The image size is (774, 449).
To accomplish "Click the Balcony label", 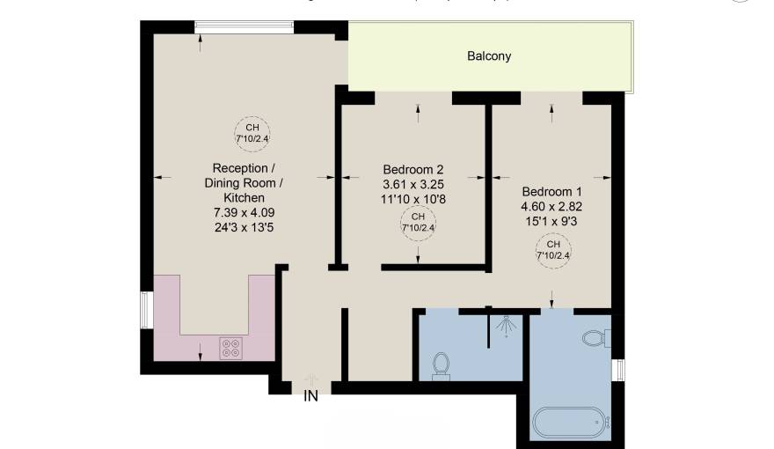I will (488, 56).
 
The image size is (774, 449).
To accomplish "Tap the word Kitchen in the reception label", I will (244, 198).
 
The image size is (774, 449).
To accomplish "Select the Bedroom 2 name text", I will (413, 169).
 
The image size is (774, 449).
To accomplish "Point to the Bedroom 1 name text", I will (551, 191).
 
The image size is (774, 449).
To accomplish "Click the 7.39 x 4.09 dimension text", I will (244, 213).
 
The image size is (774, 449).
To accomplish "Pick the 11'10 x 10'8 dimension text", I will (413, 199).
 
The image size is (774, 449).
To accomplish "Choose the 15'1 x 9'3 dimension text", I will (551, 221).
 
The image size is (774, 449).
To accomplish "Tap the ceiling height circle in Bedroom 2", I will (418, 222).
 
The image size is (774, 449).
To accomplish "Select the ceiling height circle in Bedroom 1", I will (553, 250).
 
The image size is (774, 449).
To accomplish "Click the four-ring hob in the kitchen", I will (231, 350).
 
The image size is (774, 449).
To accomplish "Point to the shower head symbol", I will (505, 325).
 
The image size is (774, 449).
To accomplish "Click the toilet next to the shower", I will (441, 364).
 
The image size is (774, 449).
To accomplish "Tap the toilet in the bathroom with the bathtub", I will (595, 337).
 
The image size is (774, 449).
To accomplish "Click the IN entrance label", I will (310, 396).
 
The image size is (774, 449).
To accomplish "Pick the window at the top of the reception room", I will (244, 26).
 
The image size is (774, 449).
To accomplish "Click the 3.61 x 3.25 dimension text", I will (413, 184).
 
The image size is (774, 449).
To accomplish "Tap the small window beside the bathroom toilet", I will (618, 370).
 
